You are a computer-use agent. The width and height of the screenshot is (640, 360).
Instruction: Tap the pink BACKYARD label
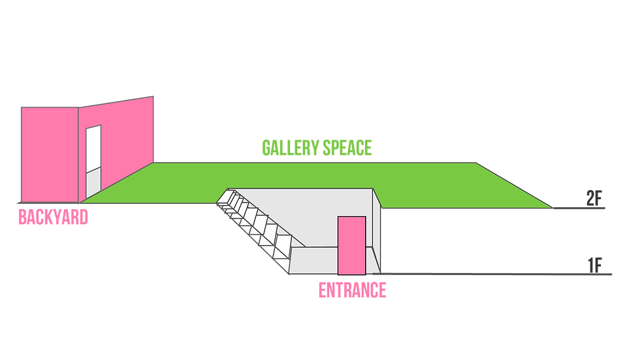point(53,217)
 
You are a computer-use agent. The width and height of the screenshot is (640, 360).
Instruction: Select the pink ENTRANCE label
point(352,291)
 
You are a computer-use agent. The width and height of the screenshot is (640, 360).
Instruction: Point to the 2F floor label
point(594,199)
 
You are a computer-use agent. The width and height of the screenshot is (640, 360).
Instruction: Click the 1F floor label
point(595,265)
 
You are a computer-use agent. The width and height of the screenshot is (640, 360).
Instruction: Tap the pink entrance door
point(351,245)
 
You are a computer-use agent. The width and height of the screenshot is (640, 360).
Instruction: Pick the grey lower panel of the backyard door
point(93,183)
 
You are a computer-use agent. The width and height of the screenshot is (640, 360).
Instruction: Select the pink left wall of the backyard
point(50,155)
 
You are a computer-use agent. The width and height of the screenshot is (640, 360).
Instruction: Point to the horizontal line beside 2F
point(579,208)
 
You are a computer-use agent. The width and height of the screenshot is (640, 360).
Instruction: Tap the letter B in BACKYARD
point(22,217)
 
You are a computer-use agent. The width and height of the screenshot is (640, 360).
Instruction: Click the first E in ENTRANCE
point(322,291)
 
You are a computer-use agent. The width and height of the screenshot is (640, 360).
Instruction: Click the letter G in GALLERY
point(266,148)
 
